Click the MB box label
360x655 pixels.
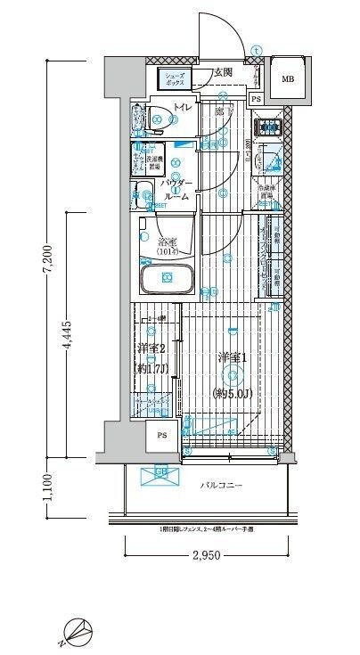[287, 78]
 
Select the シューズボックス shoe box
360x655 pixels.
[174, 80]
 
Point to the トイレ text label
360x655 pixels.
[181, 108]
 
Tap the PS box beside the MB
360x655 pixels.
[256, 99]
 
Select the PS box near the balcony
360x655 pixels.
[161, 435]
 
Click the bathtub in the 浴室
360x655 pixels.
[168, 280]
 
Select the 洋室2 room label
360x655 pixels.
[150, 348]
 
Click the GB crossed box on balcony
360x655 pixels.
[161, 475]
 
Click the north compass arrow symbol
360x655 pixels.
[79, 634]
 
